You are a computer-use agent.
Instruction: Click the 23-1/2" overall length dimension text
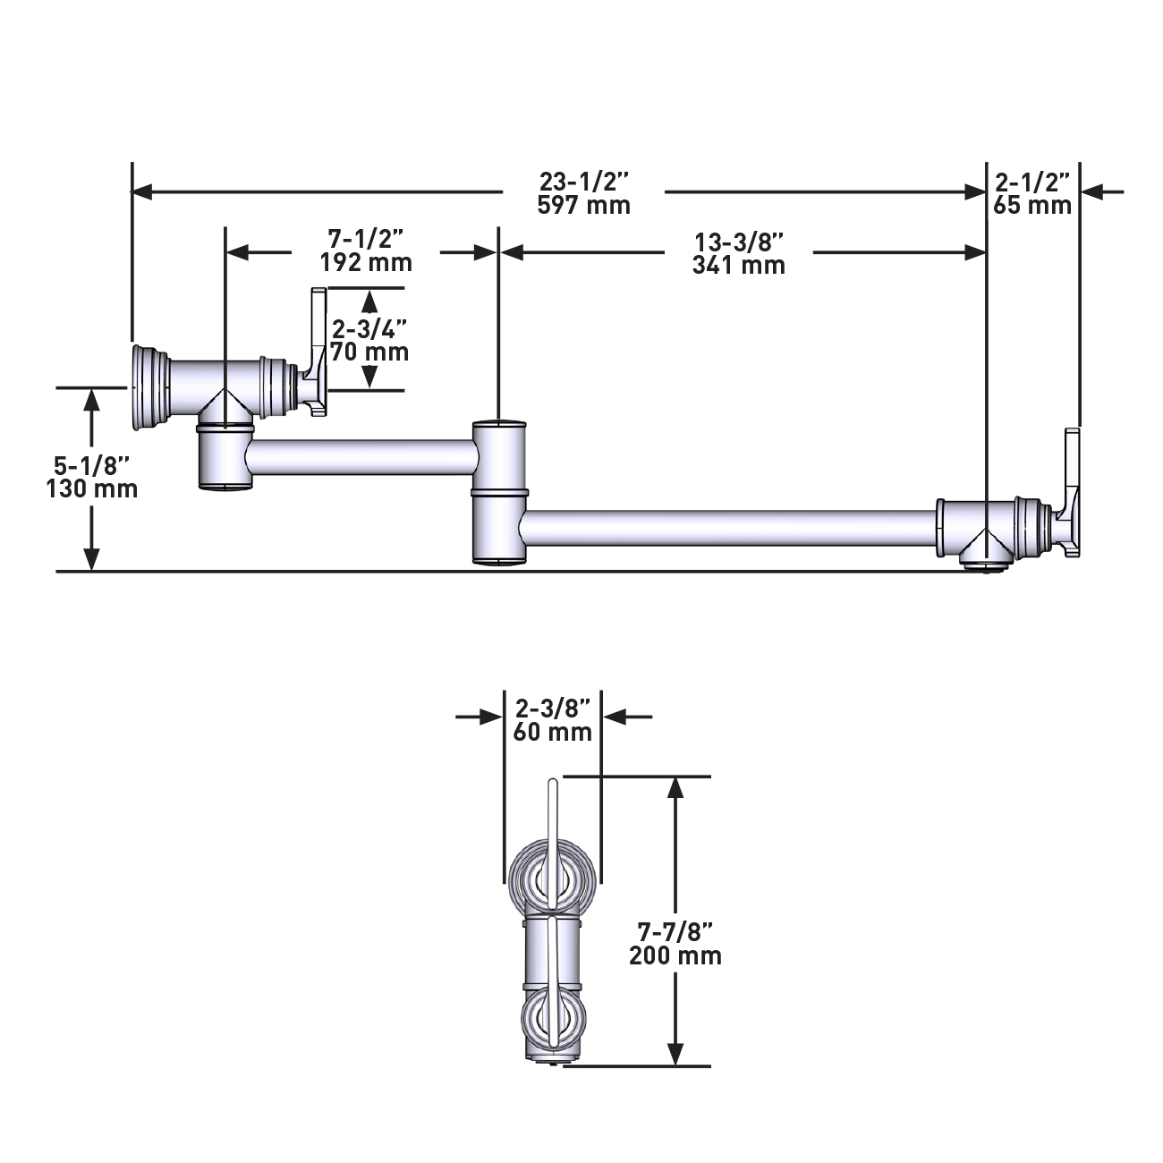584,182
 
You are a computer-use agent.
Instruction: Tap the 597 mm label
584,205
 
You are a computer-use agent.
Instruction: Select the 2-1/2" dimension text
1031,182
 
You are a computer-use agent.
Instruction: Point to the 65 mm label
1031,205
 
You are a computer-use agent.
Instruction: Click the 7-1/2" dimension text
366,240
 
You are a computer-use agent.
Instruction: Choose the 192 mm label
366,263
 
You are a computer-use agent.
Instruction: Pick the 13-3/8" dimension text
738,242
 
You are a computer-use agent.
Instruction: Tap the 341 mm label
738,265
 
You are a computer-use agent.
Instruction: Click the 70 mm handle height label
369,352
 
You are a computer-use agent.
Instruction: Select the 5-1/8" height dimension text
92,466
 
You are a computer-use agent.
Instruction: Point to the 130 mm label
92,488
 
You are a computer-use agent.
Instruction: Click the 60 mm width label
553,732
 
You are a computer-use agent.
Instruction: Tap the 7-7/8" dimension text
675,932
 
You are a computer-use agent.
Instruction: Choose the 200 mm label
675,955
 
